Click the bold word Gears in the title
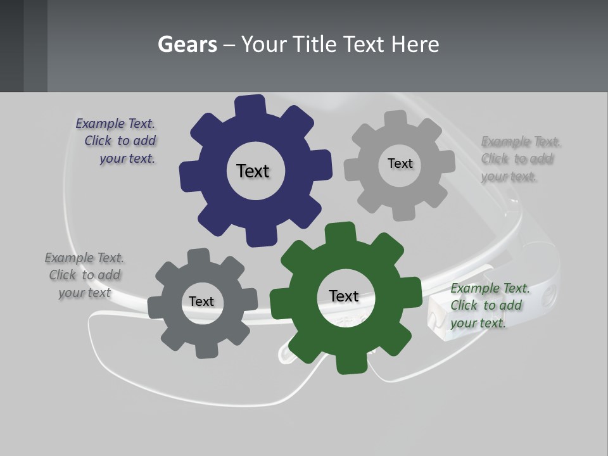point(187,44)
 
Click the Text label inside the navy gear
point(253,171)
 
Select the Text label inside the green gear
point(344,296)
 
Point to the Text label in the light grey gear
point(400,163)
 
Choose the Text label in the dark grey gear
point(201,301)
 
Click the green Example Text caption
point(489,305)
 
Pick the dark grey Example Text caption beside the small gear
point(84,275)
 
